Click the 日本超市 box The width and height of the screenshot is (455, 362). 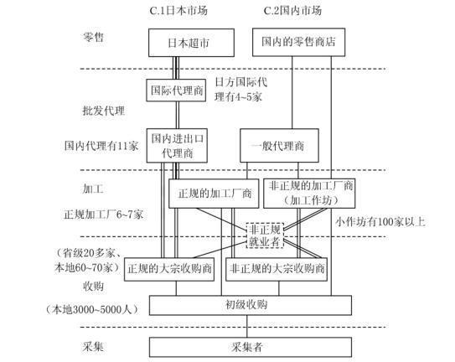pyautogui.click(x=191, y=43)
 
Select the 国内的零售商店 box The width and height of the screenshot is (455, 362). pyautogui.click(x=298, y=42)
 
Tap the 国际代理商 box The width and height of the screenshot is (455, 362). pyautogui.click(x=176, y=90)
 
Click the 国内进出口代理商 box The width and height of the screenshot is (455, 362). pyautogui.click(x=177, y=146)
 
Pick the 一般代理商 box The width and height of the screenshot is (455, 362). pyautogui.click(x=279, y=146)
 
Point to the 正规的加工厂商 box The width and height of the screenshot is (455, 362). pyautogui.click(x=214, y=194)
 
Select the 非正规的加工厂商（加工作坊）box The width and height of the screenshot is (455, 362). pyautogui.click(x=309, y=194)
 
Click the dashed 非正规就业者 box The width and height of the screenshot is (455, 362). pyautogui.click(x=265, y=235)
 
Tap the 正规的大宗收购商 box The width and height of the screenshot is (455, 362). pyautogui.click(x=169, y=269)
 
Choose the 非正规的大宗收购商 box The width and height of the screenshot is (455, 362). pyautogui.click(x=277, y=269)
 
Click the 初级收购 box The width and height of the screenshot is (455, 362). pyautogui.click(x=251, y=305)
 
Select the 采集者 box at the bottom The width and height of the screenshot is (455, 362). pyautogui.click(x=251, y=347)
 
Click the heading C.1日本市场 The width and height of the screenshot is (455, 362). pyautogui.click(x=178, y=11)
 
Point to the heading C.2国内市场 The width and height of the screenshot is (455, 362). pyautogui.click(x=292, y=11)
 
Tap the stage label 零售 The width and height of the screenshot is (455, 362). pyautogui.click(x=93, y=37)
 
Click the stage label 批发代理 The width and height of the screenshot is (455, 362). pyautogui.click(x=104, y=111)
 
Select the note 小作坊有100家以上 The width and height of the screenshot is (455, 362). pyautogui.click(x=380, y=222)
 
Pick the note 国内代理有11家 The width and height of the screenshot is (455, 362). pyautogui.click(x=101, y=146)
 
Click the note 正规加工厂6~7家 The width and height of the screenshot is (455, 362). pyautogui.click(x=104, y=215)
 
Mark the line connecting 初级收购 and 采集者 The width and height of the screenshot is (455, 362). pyautogui.click(x=247, y=326)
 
